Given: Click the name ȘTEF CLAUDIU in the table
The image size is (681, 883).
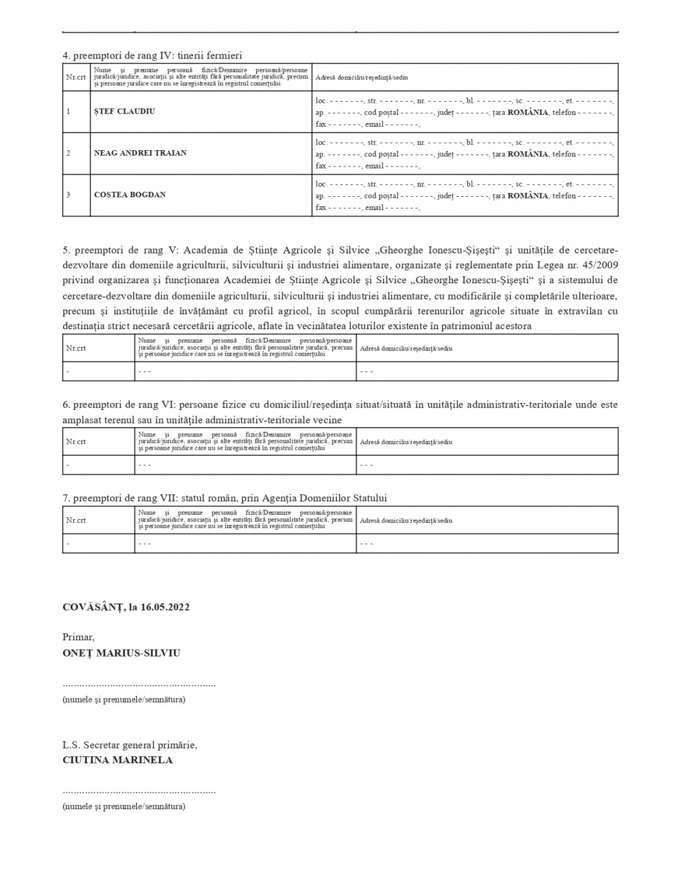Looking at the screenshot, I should (x=124, y=112).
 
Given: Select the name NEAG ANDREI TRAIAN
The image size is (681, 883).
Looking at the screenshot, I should (x=140, y=153).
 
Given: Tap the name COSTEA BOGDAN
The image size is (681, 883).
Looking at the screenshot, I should (x=130, y=195).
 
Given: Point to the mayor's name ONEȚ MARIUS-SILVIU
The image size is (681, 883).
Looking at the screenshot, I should (x=121, y=653).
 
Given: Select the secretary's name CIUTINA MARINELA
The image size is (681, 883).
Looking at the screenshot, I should (x=117, y=760).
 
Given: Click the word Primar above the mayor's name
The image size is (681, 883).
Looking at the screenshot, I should (x=78, y=638).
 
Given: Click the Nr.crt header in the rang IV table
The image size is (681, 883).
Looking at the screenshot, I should (x=76, y=77).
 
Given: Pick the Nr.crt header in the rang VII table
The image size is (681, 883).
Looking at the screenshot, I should (x=76, y=520).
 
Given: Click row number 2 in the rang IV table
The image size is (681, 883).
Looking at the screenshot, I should (x=68, y=153).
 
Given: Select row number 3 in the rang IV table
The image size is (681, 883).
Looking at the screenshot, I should (x=68, y=195).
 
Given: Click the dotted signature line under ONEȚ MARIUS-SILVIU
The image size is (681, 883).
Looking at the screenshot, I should (x=139, y=684).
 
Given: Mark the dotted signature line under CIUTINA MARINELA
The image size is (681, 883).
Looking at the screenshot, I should (x=139, y=791).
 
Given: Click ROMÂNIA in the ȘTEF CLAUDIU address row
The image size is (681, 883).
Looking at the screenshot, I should (x=528, y=112).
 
